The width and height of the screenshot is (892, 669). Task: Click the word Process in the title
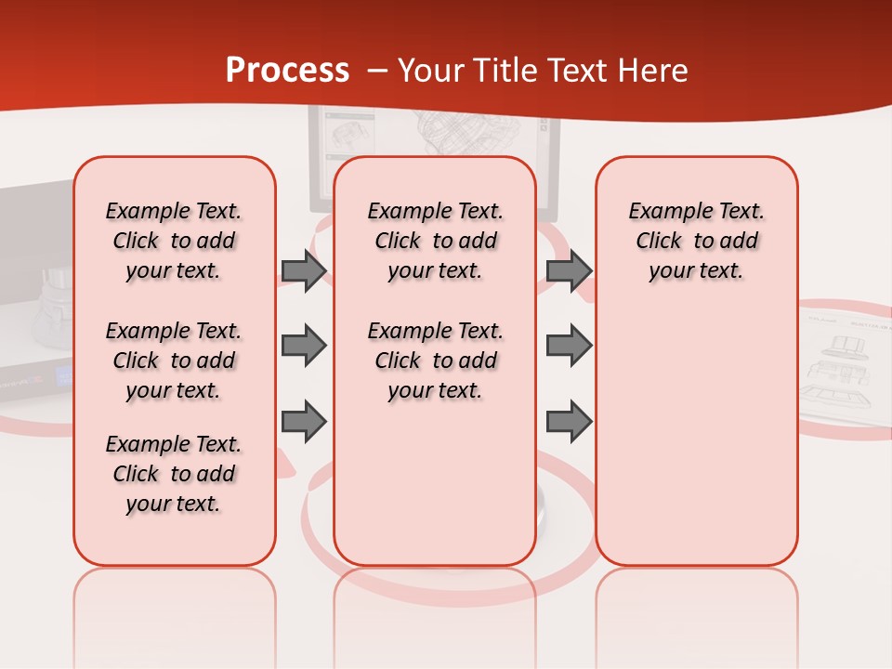pyautogui.click(x=287, y=71)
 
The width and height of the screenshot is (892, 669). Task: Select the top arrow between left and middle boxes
pyautogui.click(x=304, y=270)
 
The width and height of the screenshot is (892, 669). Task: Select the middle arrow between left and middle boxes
pyautogui.click(x=304, y=346)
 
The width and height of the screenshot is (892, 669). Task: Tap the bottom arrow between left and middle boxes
pyautogui.click(x=304, y=421)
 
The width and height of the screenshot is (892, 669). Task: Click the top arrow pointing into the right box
pyautogui.click(x=569, y=270)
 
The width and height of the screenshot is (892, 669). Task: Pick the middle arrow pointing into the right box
pyautogui.click(x=569, y=346)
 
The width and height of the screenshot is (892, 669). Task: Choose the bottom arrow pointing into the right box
pyautogui.click(x=569, y=421)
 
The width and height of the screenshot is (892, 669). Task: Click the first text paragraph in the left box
pyautogui.click(x=174, y=241)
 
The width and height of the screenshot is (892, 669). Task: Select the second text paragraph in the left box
pyautogui.click(x=174, y=361)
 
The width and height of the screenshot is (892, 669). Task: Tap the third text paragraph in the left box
pyautogui.click(x=174, y=474)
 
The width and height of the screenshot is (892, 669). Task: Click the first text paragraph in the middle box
pyautogui.click(x=435, y=241)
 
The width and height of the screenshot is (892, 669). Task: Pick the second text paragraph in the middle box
pyautogui.click(x=435, y=361)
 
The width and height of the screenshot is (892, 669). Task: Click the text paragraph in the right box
pyautogui.click(x=696, y=241)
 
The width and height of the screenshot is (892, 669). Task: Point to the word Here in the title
pyautogui.click(x=654, y=71)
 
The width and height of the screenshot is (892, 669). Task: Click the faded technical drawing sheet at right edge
pyautogui.click(x=846, y=367)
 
